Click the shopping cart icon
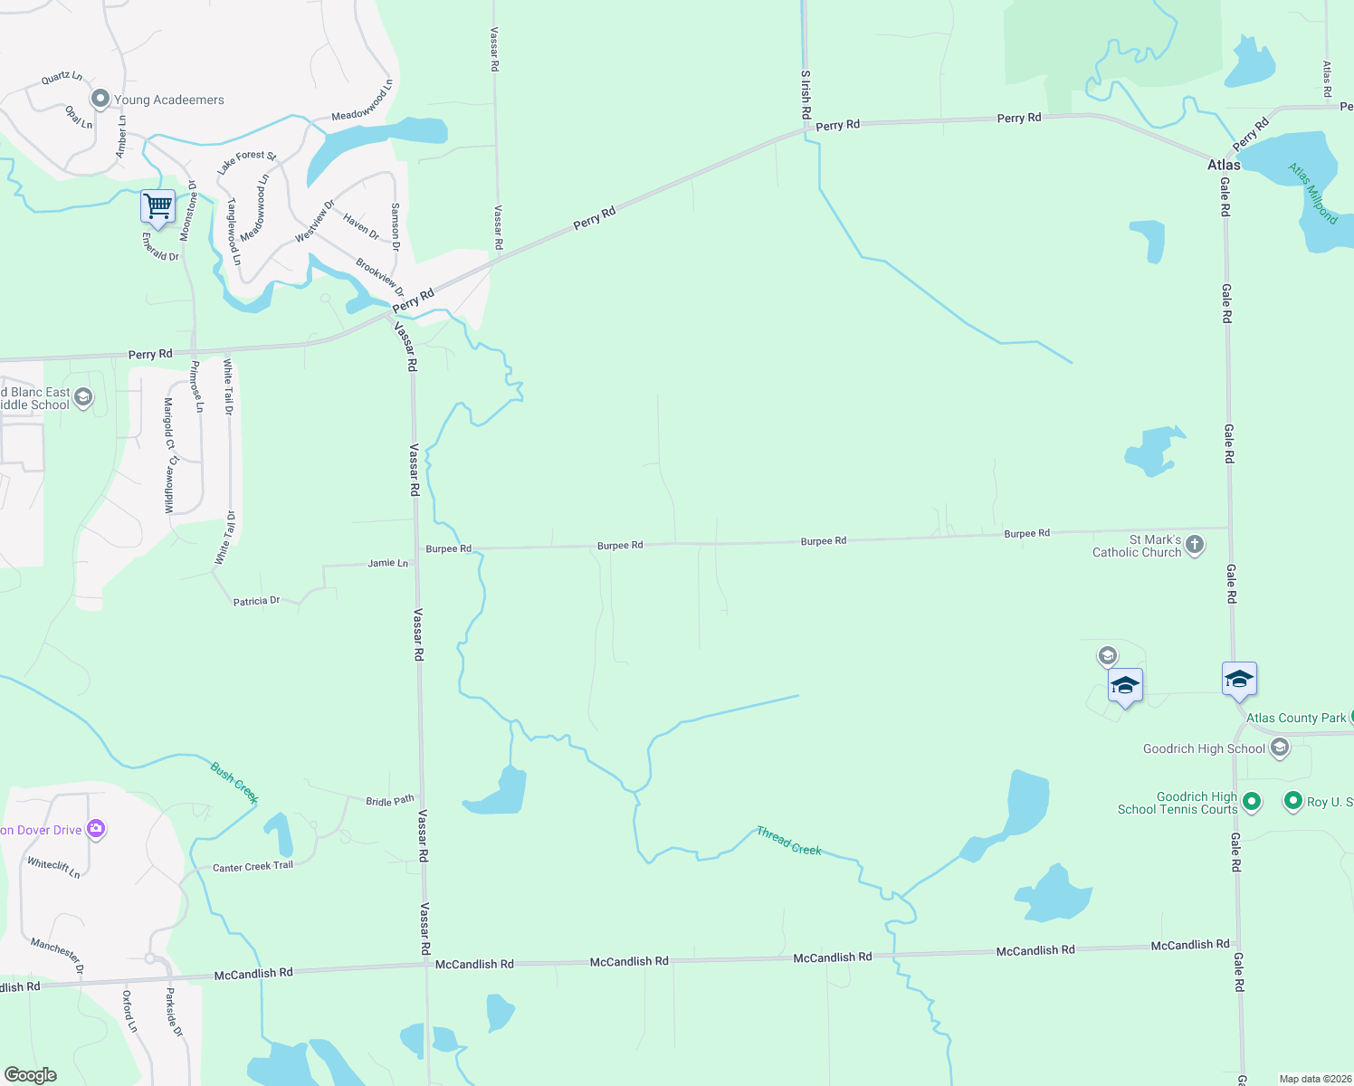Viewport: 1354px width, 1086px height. (157, 206)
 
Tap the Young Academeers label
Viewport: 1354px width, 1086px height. (168, 100)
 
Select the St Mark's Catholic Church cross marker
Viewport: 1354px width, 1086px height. (1195, 544)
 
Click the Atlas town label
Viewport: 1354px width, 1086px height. (1224, 165)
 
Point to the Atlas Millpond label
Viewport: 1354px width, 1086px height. (1313, 193)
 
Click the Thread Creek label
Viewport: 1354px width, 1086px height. (789, 841)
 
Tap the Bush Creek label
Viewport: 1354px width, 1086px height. (234, 782)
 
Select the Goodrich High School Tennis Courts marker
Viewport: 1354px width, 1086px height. (1252, 801)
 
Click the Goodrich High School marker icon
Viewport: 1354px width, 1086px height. (1280, 748)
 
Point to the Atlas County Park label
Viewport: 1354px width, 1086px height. (1296, 718)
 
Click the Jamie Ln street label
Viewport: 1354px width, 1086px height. (387, 563)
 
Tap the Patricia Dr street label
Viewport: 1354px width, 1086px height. (256, 601)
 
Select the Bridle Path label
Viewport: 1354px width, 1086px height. (390, 801)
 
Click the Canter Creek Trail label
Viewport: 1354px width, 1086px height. (253, 867)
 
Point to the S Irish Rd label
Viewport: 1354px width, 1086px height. (806, 95)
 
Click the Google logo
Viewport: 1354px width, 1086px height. (31, 1075)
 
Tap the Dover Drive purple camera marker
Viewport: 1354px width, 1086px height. (96, 829)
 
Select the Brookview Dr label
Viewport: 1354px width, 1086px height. (380, 277)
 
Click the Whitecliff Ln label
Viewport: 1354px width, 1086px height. (53, 868)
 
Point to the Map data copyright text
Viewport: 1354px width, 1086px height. (1315, 1079)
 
